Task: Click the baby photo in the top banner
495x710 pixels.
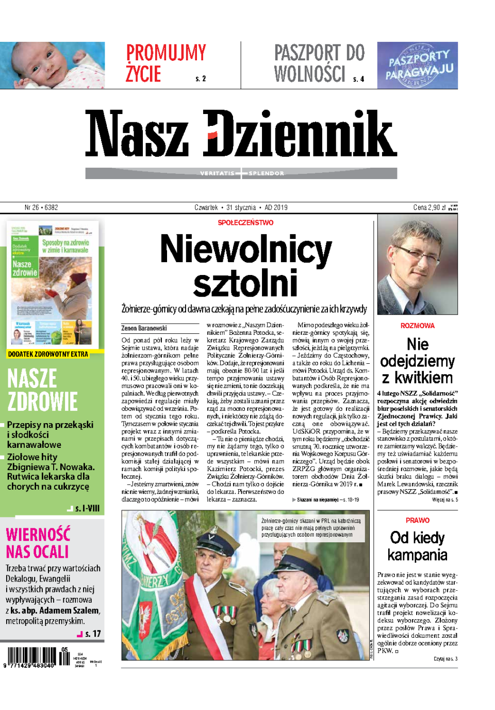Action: pos(52,65)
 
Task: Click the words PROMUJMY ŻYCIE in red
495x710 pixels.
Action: pos(166,63)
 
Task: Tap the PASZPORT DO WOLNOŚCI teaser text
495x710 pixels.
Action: pos(319,63)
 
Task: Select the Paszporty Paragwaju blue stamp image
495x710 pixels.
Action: pos(417,65)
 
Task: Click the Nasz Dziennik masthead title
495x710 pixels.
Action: pos(241,134)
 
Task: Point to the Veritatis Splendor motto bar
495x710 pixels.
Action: pos(241,173)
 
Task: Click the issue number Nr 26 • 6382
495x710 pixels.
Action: pos(41,207)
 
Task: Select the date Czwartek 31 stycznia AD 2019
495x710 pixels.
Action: pos(241,207)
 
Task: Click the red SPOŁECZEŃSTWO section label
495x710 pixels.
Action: pos(245,222)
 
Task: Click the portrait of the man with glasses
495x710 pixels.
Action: pos(417,265)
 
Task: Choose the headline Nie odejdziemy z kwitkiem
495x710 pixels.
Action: pos(417,361)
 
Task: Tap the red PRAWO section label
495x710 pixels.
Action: pos(417,520)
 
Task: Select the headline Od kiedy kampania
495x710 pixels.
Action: pos(417,546)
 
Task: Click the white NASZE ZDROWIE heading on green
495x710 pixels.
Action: pos(42,390)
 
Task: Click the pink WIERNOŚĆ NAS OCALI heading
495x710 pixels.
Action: pos(38,542)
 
